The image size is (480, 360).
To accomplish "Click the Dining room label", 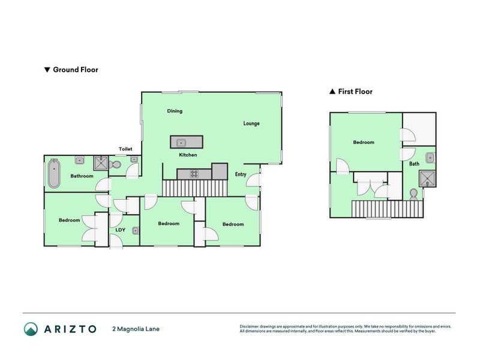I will tap(175, 111).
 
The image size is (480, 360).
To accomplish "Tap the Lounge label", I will tap(251, 124).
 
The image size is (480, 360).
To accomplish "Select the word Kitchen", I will tap(188, 155).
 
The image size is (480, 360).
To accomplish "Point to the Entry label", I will tap(241, 175).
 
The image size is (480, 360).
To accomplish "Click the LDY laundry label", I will tap(119, 230).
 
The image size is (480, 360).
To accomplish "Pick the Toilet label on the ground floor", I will tap(125, 149).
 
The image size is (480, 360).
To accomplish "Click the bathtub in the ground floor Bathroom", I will tap(53, 173).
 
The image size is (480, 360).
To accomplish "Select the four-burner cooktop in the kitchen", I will tap(195, 174).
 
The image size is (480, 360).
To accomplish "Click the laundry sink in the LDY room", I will tap(136, 230).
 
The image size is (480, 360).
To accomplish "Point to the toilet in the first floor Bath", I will tap(413, 194).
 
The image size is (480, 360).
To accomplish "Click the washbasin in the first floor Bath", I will tap(430, 158).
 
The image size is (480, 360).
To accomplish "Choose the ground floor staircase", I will tap(195, 188).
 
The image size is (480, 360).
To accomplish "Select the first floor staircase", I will tap(388, 209).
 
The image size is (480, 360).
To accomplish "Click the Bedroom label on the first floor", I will tap(364, 142).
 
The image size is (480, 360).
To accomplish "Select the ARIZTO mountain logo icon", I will tap(31, 329).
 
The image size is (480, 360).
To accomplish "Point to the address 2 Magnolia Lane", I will tap(136, 329).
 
